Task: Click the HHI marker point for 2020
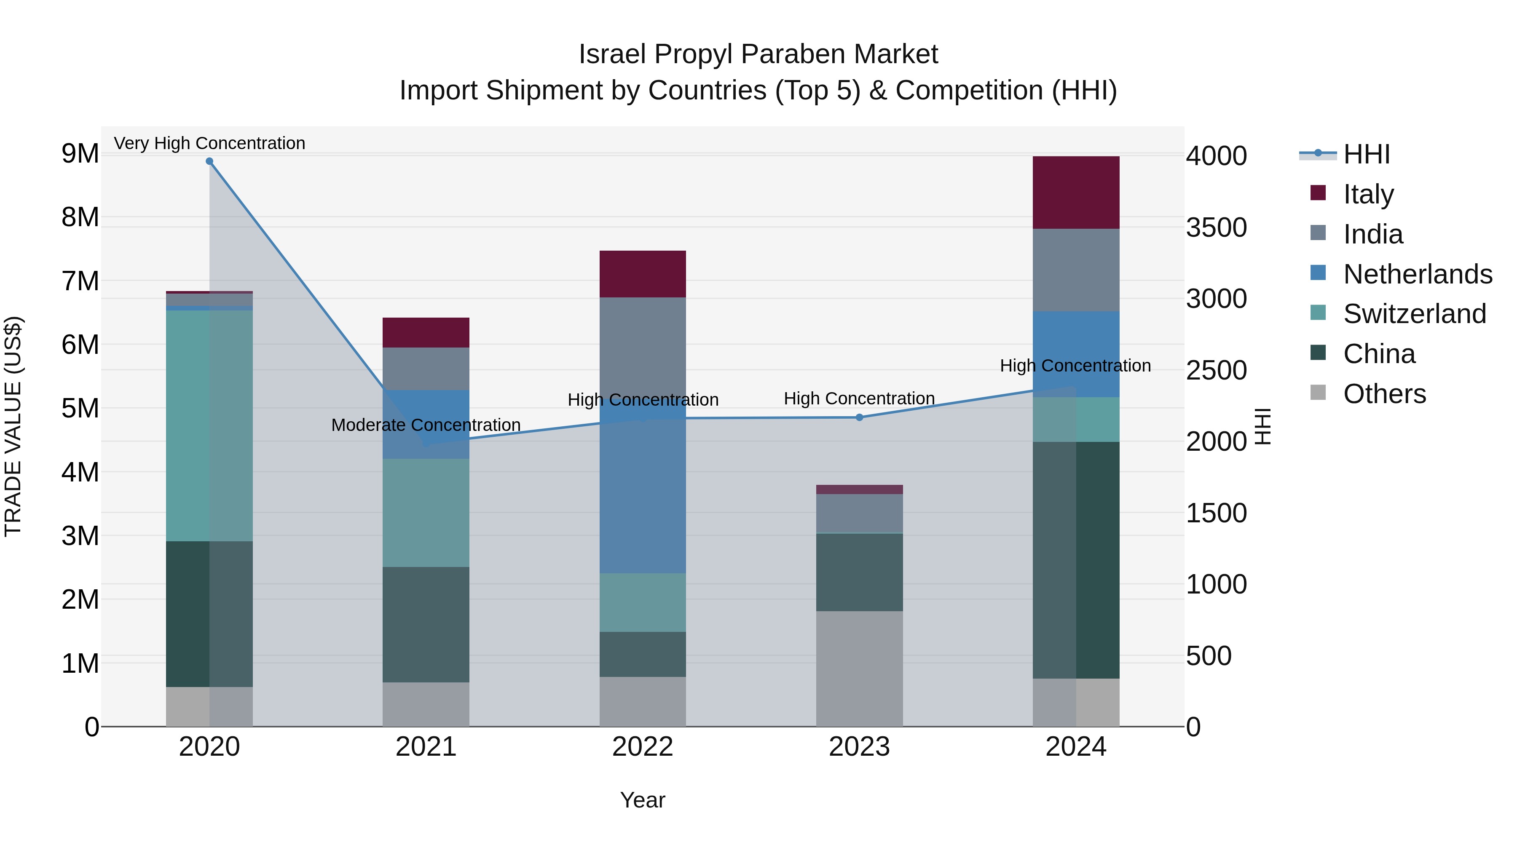(x=209, y=161)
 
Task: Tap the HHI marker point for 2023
(x=859, y=417)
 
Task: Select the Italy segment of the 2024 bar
(x=1076, y=193)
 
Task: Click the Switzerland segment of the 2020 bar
(x=209, y=425)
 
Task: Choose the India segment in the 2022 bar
(x=643, y=348)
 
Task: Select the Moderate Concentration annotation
(x=426, y=425)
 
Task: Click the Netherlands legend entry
(x=1418, y=274)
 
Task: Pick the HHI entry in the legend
(x=1366, y=154)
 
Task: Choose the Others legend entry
(x=1384, y=394)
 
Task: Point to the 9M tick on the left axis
(x=80, y=154)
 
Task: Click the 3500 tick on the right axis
(x=1216, y=228)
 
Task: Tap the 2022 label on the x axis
(x=643, y=747)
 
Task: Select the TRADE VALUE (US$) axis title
(x=13, y=426)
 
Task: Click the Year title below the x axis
(x=643, y=800)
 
